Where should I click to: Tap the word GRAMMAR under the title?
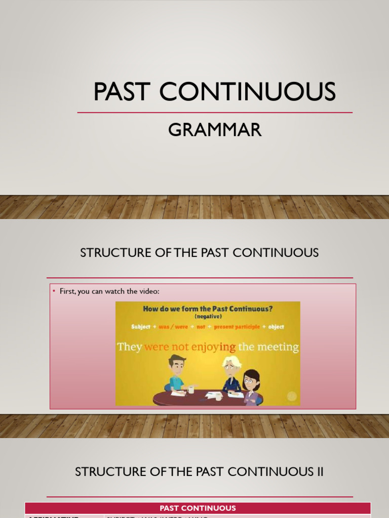click(x=215, y=130)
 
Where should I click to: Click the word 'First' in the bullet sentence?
click(x=67, y=292)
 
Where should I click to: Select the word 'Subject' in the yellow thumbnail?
click(x=141, y=327)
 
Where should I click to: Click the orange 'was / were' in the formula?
click(x=174, y=327)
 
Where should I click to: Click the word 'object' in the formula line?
click(x=277, y=327)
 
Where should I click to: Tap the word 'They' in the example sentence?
click(x=130, y=347)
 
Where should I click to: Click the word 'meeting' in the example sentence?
click(x=279, y=347)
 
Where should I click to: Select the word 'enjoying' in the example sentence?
click(x=215, y=348)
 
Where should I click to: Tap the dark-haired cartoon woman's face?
click(x=250, y=381)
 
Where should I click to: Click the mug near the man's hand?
click(x=191, y=389)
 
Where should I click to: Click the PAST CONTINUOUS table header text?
click(x=198, y=508)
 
